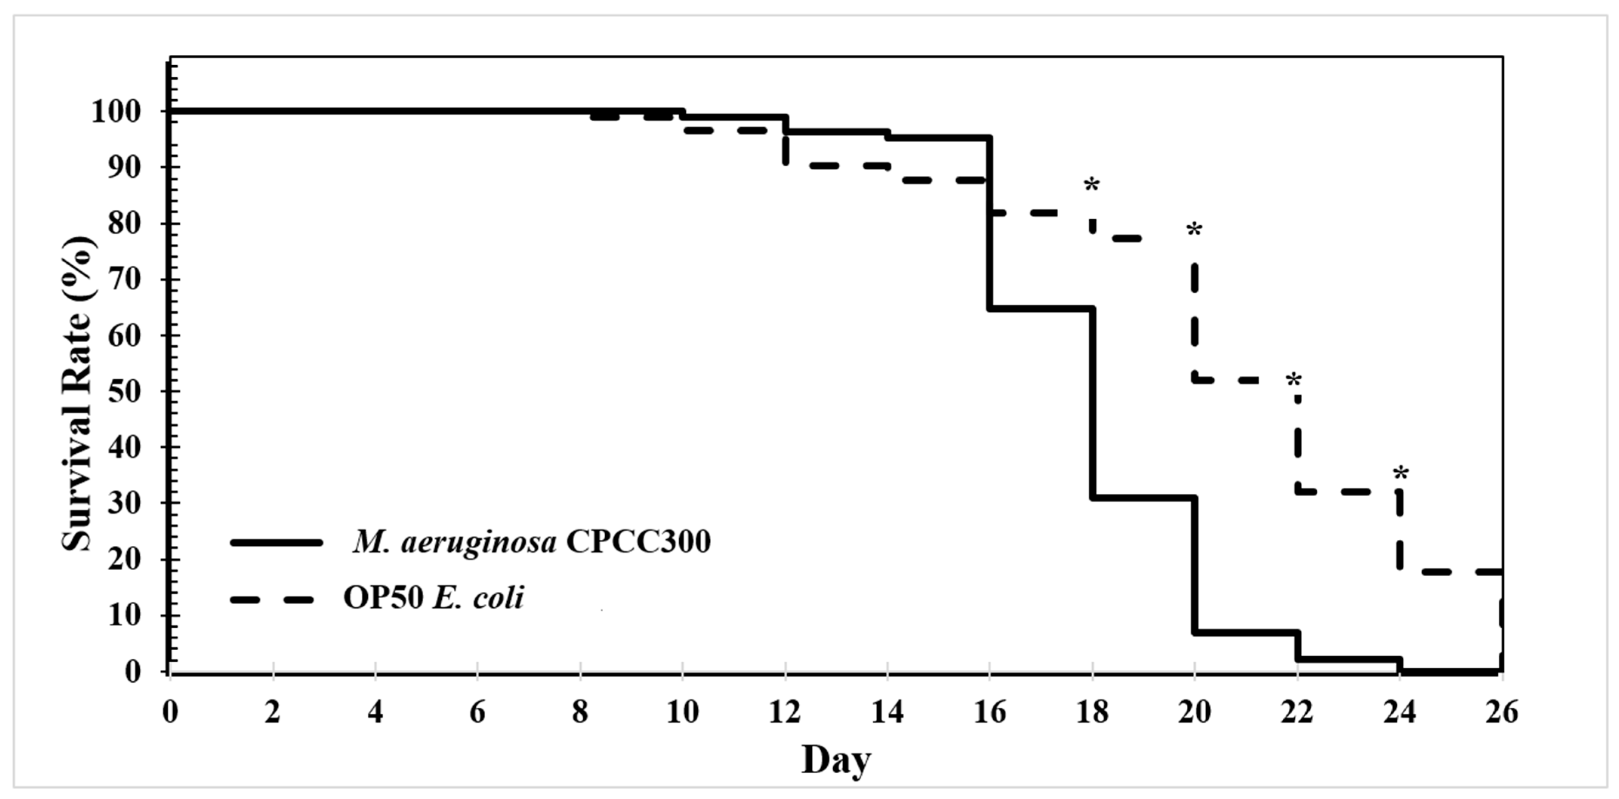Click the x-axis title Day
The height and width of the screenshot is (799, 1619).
(836, 761)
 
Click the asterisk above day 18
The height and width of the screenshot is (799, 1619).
(1092, 186)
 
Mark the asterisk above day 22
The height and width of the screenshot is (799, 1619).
(1294, 381)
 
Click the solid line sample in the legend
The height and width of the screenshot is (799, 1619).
(276, 542)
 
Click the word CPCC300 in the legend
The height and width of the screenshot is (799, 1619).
(638, 542)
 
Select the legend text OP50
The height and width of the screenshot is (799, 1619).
(383, 598)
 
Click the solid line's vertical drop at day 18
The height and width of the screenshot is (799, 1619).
(1093, 402)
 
